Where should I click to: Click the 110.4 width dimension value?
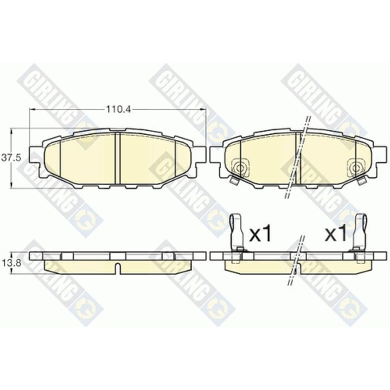click(x=119, y=109)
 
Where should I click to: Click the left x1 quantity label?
click(x=260, y=234)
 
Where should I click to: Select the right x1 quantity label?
click(x=336, y=234)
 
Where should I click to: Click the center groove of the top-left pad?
click(x=118, y=158)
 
